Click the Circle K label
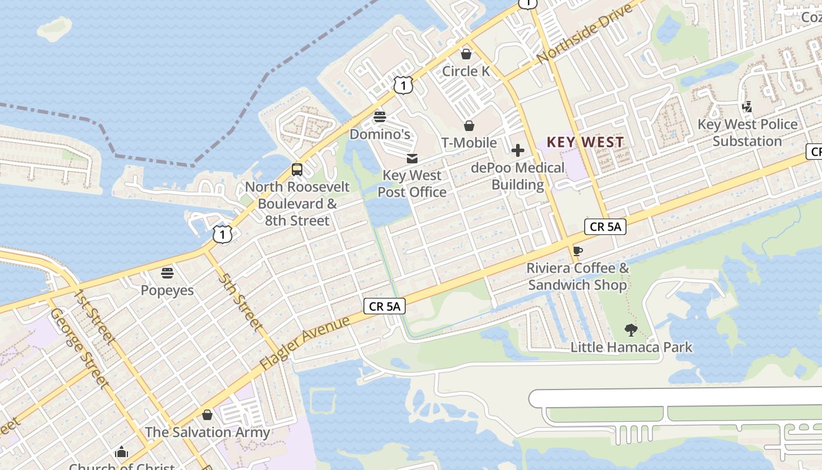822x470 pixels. (466, 71)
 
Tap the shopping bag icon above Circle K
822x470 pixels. (466, 54)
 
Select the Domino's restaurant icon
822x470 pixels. (380, 116)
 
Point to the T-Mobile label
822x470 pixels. (469, 143)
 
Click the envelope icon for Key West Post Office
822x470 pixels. (412, 158)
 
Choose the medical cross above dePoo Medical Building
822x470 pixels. (517, 150)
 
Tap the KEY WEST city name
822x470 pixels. (585, 142)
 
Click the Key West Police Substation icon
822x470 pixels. (747, 107)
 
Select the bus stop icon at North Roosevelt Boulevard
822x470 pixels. (297, 170)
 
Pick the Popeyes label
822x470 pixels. (167, 290)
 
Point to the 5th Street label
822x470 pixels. (240, 300)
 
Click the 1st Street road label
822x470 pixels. (93, 316)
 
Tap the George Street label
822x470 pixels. (80, 348)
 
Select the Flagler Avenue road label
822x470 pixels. (305, 343)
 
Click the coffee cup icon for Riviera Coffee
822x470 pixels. (578, 251)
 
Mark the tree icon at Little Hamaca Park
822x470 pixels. (631, 330)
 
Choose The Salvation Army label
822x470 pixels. (207, 432)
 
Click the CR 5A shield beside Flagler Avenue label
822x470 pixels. (385, 306)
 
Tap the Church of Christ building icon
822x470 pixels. (122, 452)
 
